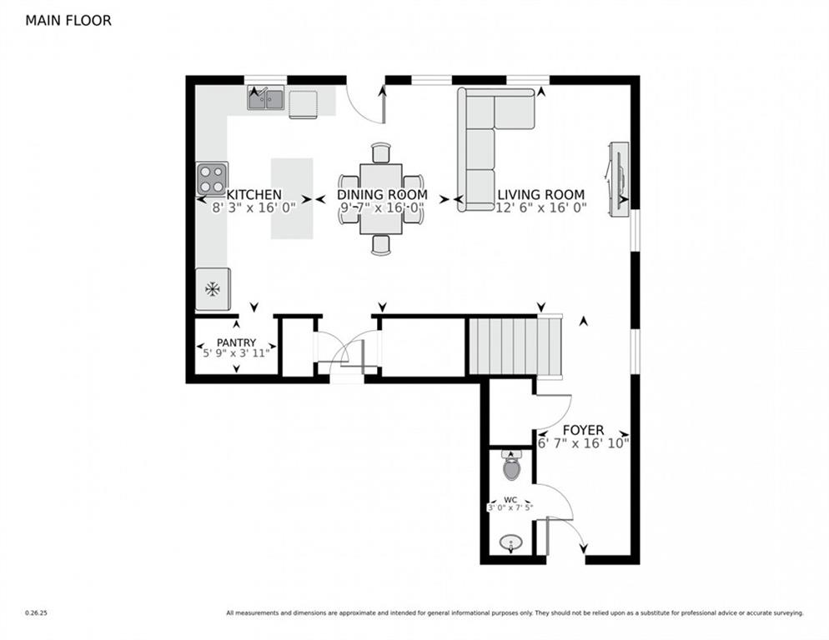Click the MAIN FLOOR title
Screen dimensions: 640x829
tap(68, 20)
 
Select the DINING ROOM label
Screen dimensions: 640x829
tap(382, 194)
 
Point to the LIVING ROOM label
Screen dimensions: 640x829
tap(541, 194)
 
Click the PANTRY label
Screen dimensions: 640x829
tap(235, 342)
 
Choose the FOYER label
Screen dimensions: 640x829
tap(583, 430)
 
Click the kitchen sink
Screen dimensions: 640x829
tap(266, 99)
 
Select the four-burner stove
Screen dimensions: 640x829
tap(212, 177)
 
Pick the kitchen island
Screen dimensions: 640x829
tap(291, 198)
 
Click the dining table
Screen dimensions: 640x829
tap(381, 198)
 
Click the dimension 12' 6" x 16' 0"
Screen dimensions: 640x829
tap(541, 208)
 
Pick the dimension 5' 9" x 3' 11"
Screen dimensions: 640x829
tap(235, 353)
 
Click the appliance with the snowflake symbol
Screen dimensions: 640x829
tap(213, 289)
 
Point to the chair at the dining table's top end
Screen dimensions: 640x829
tap(381, 152)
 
